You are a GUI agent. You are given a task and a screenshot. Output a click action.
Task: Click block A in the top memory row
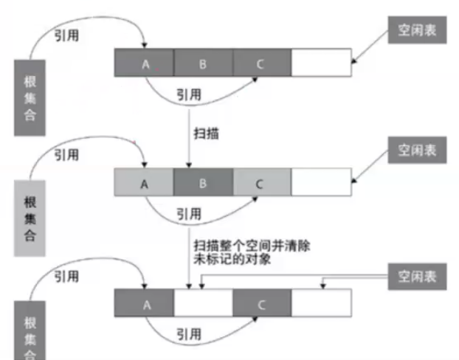click(x=144, y=63)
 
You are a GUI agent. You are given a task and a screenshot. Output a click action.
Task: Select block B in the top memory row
click(x=203, y=63)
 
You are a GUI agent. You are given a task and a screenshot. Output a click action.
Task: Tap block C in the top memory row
click(x=261, y=63)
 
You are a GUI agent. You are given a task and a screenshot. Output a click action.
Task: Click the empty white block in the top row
click(x=320, y=63)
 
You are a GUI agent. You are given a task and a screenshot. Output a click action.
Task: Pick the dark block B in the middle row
click(x=203, y=182)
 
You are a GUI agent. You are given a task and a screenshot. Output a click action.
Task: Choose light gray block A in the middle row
click(x=144, y=182)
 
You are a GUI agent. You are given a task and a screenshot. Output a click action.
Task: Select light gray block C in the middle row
click(x=261, y=182)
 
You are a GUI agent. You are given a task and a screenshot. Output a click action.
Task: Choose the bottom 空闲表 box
click(x=418, y=277)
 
